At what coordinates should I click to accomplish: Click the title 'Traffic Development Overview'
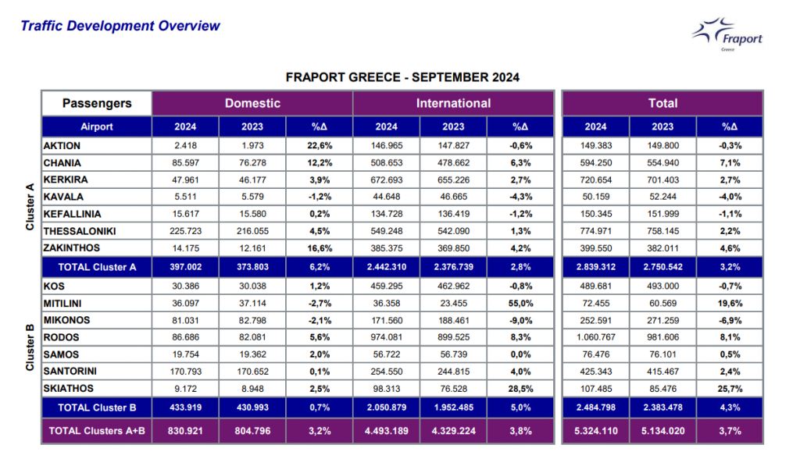(x=120, y=26)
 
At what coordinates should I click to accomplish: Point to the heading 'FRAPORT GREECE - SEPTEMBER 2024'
(x=402, y=78)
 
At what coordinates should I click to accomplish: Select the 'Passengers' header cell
(x=97, y=103)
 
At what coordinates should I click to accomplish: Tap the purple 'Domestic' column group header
(x=252, y=103)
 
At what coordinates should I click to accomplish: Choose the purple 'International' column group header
(x=453, y=103)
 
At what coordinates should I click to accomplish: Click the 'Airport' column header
(x=97, y=126)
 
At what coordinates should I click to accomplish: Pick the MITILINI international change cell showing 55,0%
(x=520, y=304)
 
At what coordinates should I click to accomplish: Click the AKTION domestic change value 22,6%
(x=320, y=146)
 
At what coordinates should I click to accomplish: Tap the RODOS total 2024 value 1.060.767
(x=595, y=337)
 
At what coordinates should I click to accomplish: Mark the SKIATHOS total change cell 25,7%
(x=730, y=389)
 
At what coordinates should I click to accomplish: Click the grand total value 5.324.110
(x=595, y=430)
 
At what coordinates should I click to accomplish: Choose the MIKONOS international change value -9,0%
(x=520, y=320)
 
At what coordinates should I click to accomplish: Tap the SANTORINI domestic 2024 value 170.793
(x=185, y=372)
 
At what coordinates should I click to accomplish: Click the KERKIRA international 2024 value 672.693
(x=386, y=180)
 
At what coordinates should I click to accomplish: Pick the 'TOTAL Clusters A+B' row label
(x=97, y=430)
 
